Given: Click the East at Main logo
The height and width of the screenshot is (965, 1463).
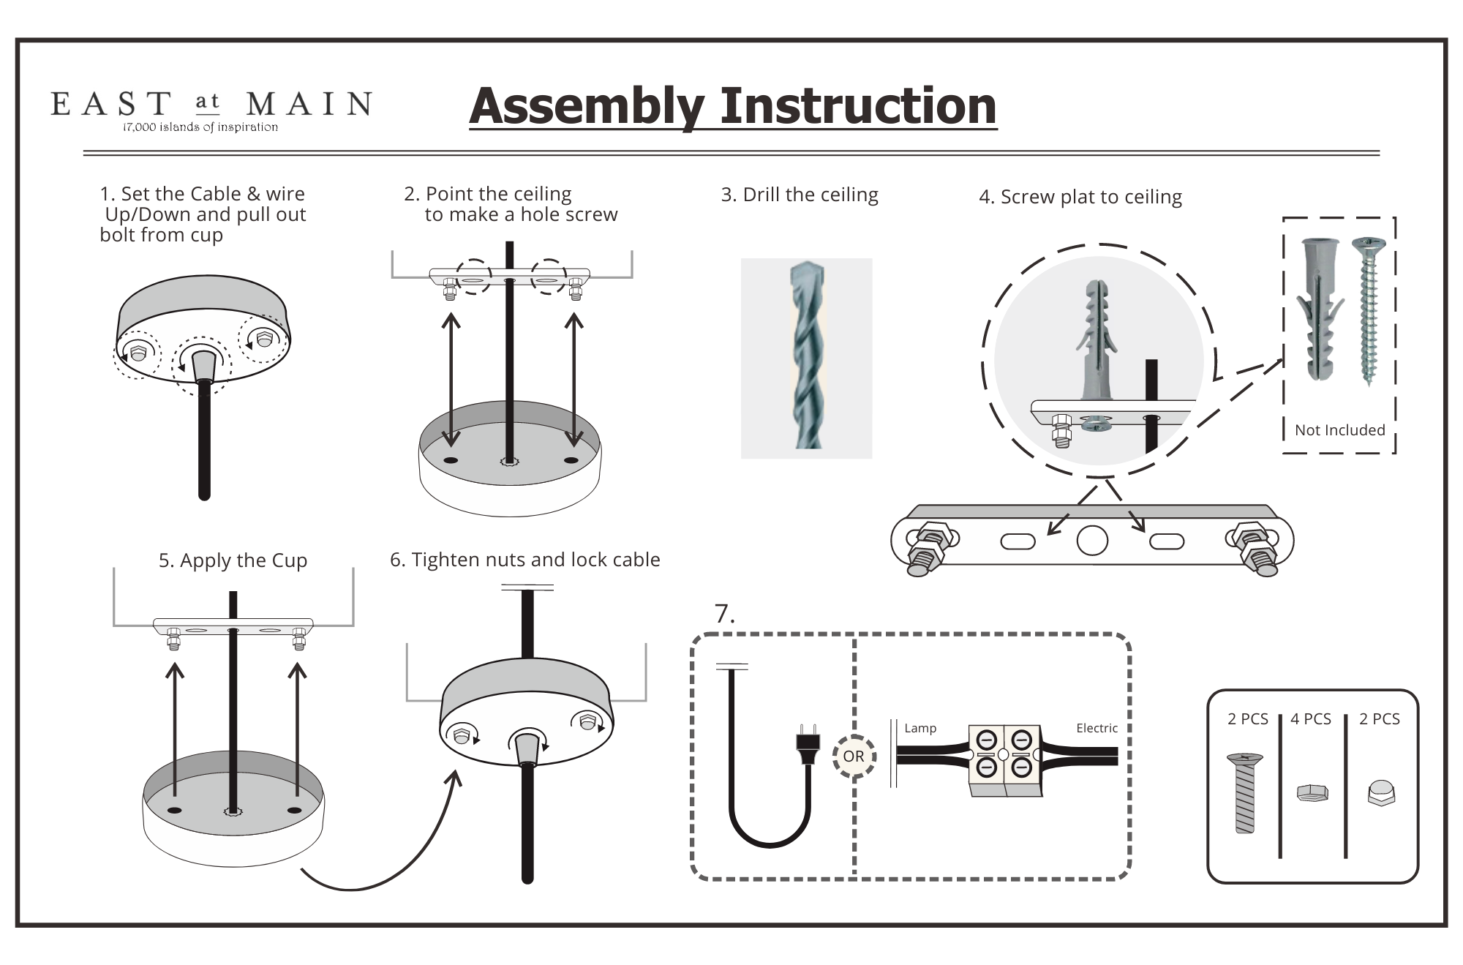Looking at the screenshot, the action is [211, 110].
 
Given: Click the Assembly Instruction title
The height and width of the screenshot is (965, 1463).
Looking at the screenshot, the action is [733, 106].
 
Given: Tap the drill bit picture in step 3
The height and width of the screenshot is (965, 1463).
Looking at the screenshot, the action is [806, 358].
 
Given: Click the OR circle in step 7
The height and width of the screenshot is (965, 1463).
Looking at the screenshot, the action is [854, 756].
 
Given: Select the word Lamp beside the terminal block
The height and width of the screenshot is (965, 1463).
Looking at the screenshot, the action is [920, 728].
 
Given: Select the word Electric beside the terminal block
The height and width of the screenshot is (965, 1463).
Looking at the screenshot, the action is [1097, 728].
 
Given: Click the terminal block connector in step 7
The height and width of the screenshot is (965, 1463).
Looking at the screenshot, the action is [1004, 760].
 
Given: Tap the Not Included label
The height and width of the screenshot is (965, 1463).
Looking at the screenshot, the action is [1340, 430].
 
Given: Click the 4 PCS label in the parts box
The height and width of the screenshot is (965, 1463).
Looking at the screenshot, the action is [1311, 719].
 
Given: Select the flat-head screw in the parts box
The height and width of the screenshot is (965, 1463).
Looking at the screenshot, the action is [1244, 793].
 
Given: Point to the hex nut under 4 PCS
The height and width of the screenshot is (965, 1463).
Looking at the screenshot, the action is [1312, 792].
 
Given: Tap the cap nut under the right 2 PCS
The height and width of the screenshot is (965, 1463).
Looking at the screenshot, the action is [1380, 794].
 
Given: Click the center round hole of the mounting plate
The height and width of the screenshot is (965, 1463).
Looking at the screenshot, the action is [1092, 541].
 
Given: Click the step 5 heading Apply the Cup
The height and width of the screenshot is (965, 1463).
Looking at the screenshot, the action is [233, 560].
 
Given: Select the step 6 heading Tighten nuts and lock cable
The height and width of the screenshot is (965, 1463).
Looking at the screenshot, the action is [524, 560].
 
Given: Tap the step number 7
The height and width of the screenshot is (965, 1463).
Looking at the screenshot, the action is [724, 614].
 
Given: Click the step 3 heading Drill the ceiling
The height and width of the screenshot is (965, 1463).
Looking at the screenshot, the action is [800, 195].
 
